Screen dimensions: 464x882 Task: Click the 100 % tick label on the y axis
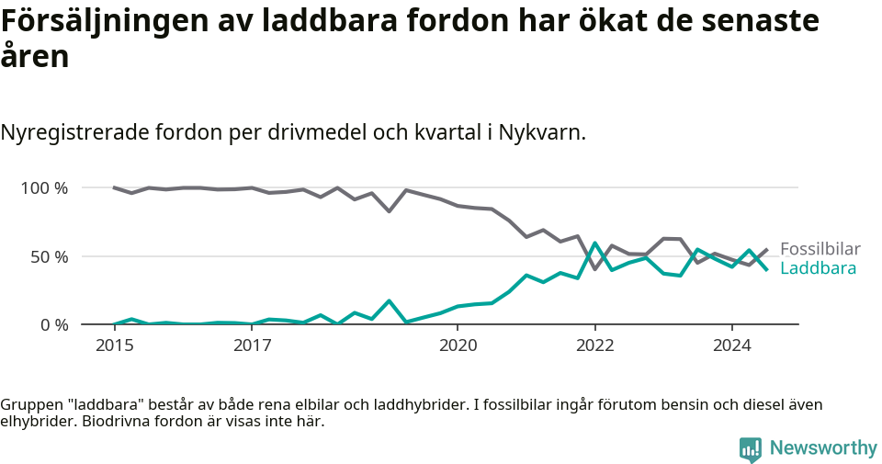(44, 188)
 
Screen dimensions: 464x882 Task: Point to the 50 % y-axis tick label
(49, 256)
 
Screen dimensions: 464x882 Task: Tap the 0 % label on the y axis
(53, 325)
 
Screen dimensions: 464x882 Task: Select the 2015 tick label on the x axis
(114, 346)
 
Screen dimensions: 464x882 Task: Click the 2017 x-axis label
(252, 346)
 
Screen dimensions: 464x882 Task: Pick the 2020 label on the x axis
(458, 346)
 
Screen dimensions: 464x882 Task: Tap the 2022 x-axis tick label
(594, 346)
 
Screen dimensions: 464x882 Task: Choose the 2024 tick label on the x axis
(732, 346)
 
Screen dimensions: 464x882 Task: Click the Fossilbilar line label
(820, 249)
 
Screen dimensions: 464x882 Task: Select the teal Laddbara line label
(818, 268)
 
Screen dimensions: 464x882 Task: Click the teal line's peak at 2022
(595, 243)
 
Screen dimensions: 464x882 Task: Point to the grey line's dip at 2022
(595, 269)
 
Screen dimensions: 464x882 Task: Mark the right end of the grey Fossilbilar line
(767, 249)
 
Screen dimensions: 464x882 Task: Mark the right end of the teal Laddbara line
(767, 269)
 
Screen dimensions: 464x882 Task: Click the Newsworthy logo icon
(751, 448)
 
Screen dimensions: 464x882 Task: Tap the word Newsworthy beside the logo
(823, 448)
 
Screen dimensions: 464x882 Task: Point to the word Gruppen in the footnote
(29, 405)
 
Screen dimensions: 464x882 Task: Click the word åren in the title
(34, 57)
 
